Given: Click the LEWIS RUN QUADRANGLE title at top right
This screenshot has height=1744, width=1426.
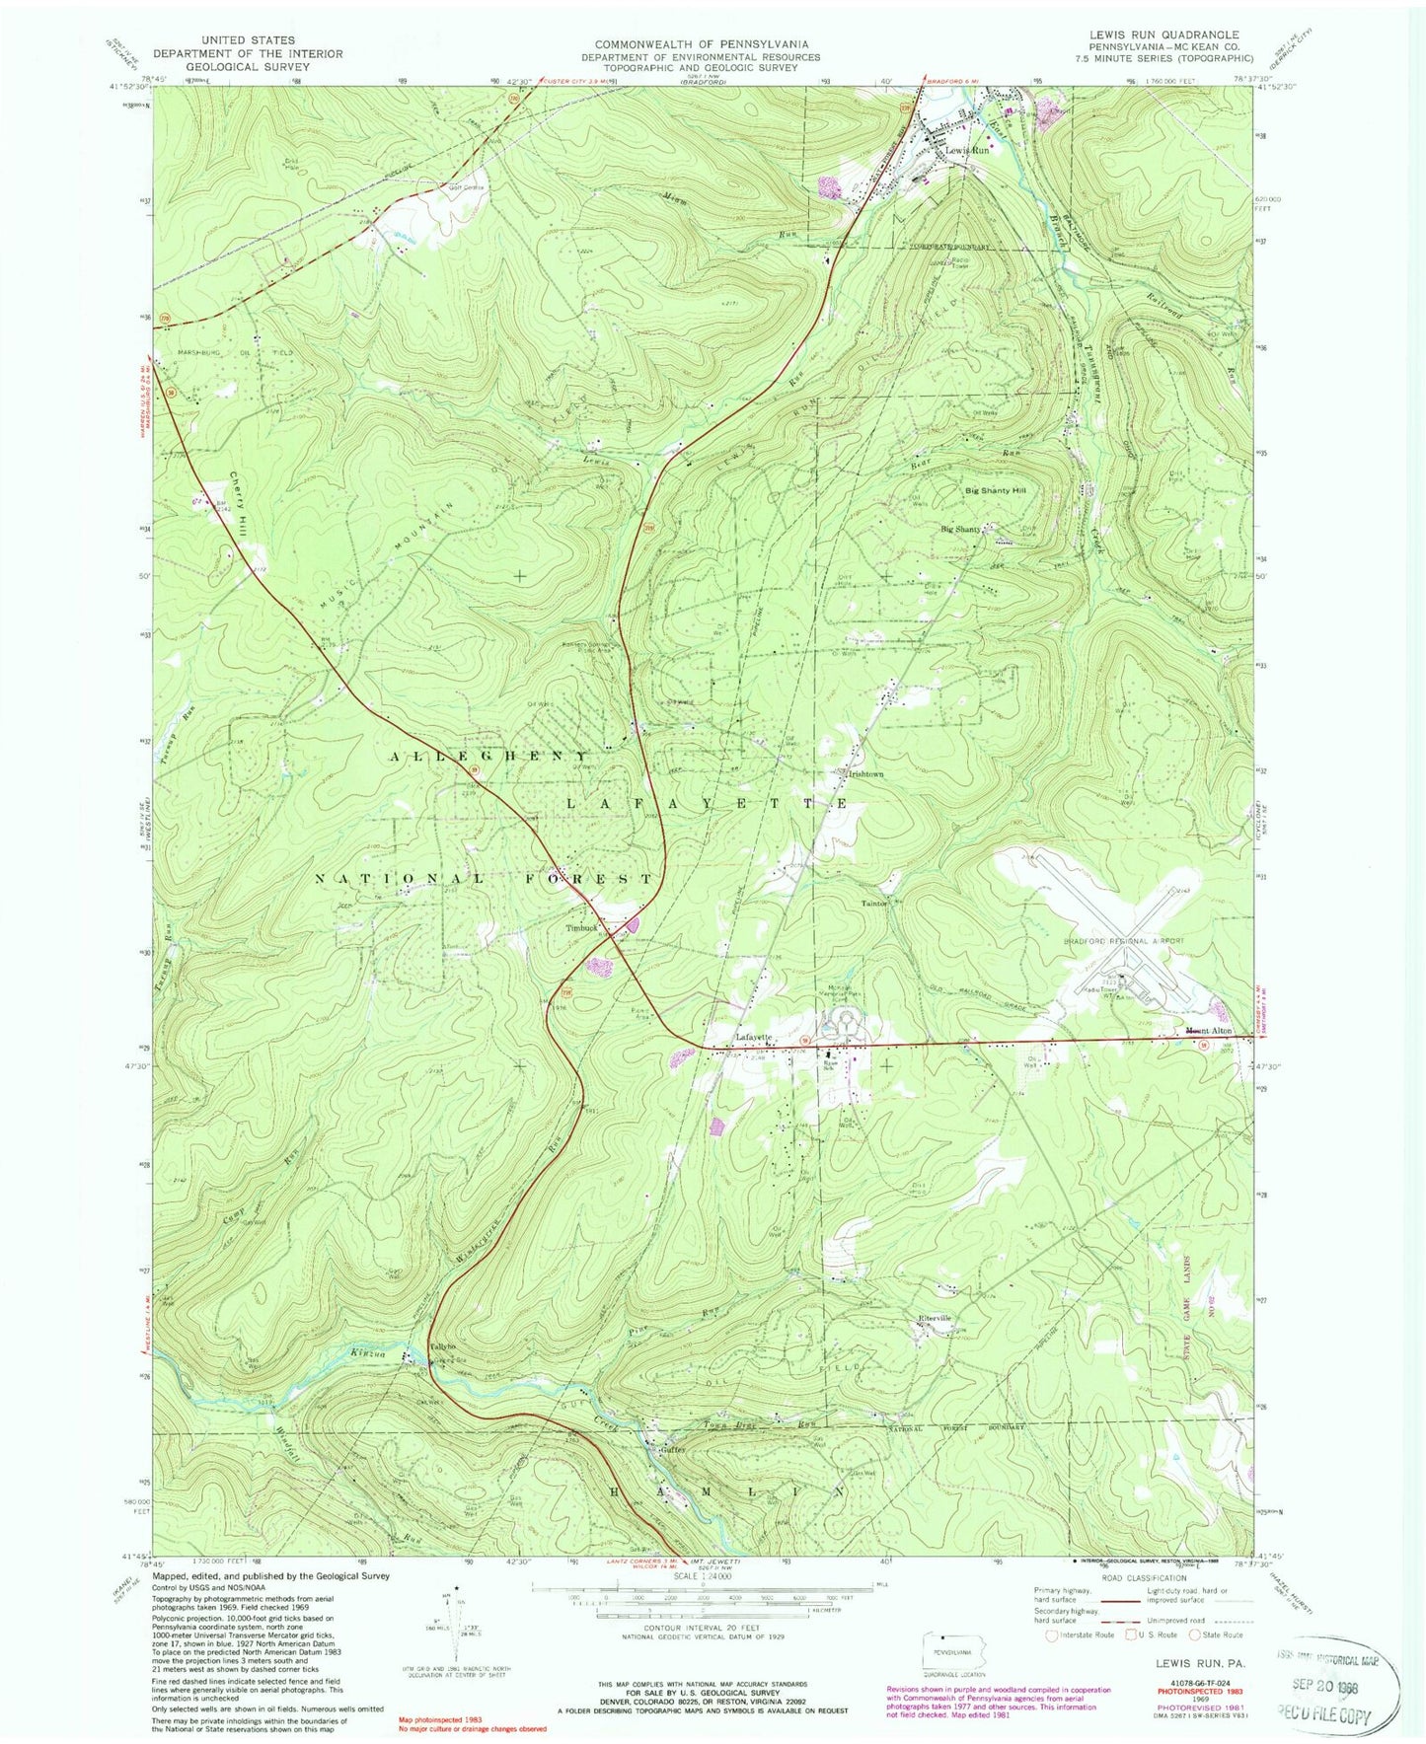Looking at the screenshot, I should click(x=1162, y=35).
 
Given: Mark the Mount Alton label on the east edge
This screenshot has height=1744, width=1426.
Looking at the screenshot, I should click(x=1208, y=1032).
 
